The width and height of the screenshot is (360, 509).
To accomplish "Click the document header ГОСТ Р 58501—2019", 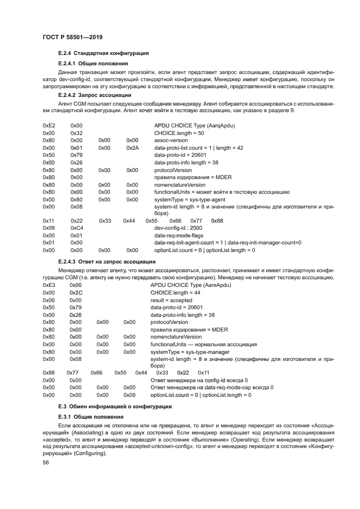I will (72, 37).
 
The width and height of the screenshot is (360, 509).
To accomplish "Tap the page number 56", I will (46, 462).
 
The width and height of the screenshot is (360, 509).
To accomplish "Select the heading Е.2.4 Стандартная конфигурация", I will (103, 53).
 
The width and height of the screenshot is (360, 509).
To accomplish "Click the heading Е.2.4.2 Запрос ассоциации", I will (96, 94).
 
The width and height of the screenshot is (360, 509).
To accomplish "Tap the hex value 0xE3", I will (48, 284).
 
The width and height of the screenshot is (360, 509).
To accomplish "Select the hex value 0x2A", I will (132, 148).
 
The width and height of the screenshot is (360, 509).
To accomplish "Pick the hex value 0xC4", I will (76, 228).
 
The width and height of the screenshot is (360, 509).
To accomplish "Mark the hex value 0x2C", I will (76, 292).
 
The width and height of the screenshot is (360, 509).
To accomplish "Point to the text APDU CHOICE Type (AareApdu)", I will (187, 284).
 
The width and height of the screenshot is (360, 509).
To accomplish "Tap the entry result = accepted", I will (171, 299).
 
